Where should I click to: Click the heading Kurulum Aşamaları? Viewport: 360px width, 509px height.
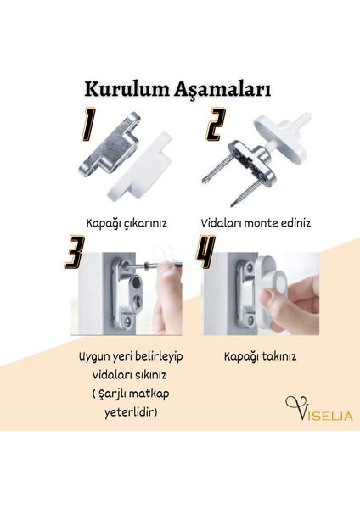click(177, 90)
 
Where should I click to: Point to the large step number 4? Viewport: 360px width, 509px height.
click(208, 252)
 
